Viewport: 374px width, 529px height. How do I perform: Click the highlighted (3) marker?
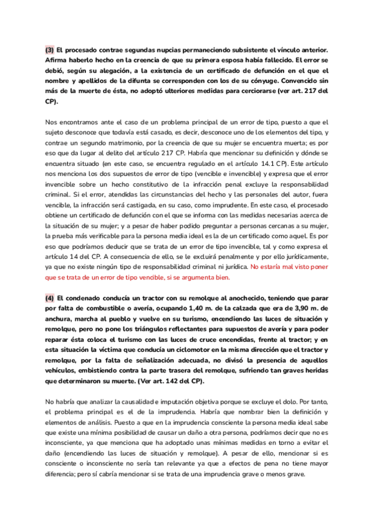tap(49, 49)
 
